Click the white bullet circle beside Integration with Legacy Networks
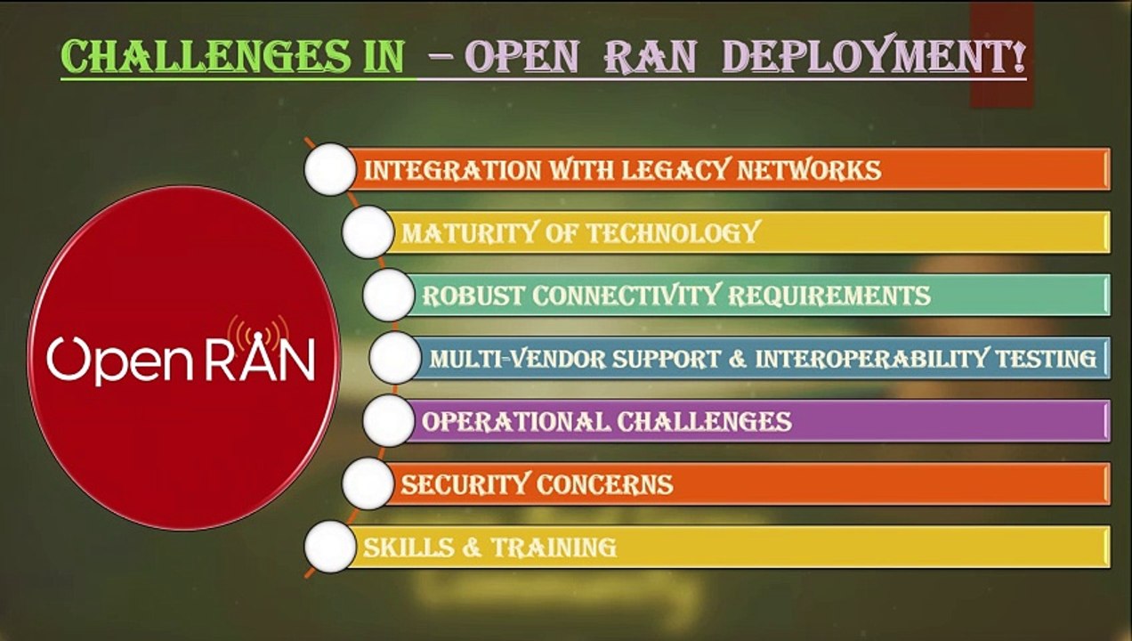(330, 169)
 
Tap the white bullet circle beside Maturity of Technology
(368, 233)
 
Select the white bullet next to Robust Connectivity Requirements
(389, 296)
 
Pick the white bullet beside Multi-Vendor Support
(395, 359)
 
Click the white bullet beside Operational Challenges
(389, 421)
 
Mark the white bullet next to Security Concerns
(368, 484)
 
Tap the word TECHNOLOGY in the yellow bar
(673, 233)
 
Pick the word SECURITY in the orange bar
(465, 484)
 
